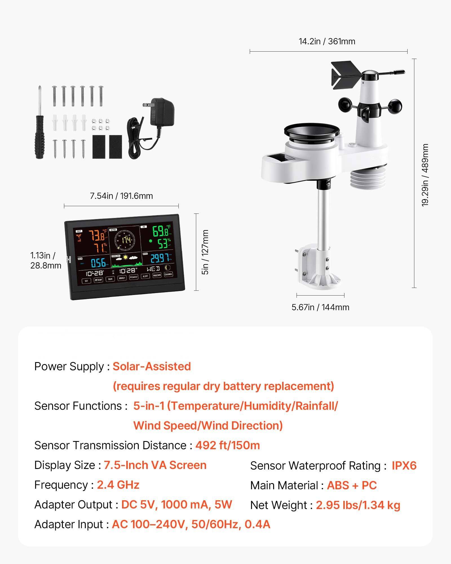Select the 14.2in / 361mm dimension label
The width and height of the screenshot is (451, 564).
[327, 41]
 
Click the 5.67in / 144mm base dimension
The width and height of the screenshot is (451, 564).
[320, 307]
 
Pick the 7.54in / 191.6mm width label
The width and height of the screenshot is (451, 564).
[121, 196]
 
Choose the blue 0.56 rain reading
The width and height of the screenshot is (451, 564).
[98, 263]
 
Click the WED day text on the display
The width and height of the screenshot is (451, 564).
[153, 269]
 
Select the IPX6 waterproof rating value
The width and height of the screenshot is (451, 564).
[404, 466]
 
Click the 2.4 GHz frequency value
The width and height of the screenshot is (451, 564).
[118, 485]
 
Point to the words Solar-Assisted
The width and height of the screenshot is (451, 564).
[152, 366]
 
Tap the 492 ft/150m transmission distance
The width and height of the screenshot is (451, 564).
[227, 445]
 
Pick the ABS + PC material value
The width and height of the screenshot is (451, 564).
[352, 485]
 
